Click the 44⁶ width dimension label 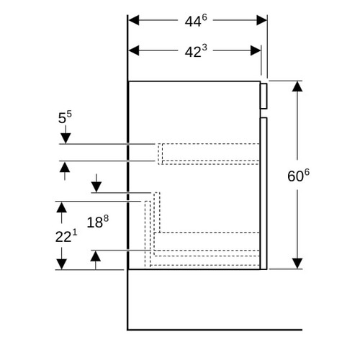click(196, 21)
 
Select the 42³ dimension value click(196, 51)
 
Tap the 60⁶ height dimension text click(298, 175)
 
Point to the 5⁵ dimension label click(65, 117)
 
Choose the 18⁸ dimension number click(98, 222)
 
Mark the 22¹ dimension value click(66, 236)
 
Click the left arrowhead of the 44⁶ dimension click(134, 20)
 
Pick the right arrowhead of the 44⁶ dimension click(261, 20)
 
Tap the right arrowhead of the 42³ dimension click(256, 50)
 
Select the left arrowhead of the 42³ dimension click(134, 50)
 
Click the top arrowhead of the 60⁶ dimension click(297, 86)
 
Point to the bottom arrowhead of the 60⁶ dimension click(297, 264)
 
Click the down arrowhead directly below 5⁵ click(66, 138)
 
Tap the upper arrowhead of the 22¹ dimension click(62, 207)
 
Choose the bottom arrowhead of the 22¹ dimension click(62, 264)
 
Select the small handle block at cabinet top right click(264, 96)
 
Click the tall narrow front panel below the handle click(264, 194)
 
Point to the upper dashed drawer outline click(208, 143)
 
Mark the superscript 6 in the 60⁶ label click(307, 172)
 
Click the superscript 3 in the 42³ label click(204, 48)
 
